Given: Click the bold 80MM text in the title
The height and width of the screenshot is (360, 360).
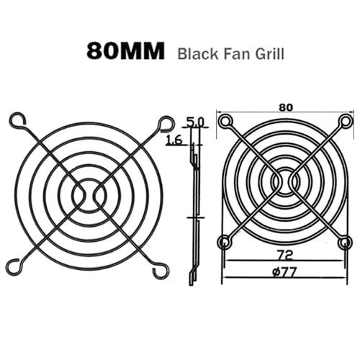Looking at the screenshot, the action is [x=125, y=51].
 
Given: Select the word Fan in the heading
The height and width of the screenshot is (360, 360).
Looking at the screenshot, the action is [x=236, y=53].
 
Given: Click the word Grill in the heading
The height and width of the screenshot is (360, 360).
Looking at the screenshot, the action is [x=269, y=53].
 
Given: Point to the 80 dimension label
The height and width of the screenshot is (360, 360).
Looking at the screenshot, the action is [x=286, y=108].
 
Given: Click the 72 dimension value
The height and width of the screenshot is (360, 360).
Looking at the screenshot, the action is [x=285, y=256].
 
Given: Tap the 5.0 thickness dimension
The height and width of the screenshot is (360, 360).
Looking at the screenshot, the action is [x=195, y=122].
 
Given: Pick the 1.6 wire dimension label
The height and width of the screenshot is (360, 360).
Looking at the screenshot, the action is [x=174, y=140].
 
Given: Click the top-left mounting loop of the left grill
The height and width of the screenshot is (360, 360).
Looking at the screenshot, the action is [x=17, y=120].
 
